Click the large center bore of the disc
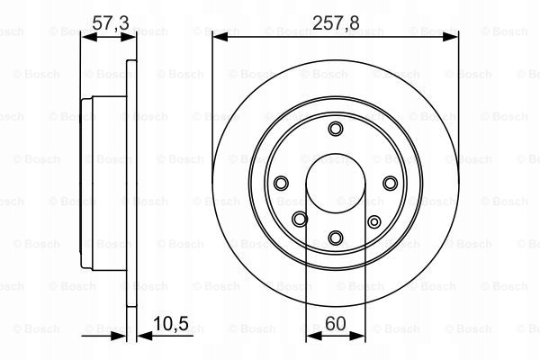(x=335, y=184)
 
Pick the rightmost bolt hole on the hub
(x=390, y=183)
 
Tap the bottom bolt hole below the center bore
(x=335, y=238)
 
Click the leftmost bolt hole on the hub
(x=281, y=183)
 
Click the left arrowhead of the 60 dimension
(x=311, y=334)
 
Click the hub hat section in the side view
(x=88, y=184)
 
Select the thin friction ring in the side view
(x=130, y=184)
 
